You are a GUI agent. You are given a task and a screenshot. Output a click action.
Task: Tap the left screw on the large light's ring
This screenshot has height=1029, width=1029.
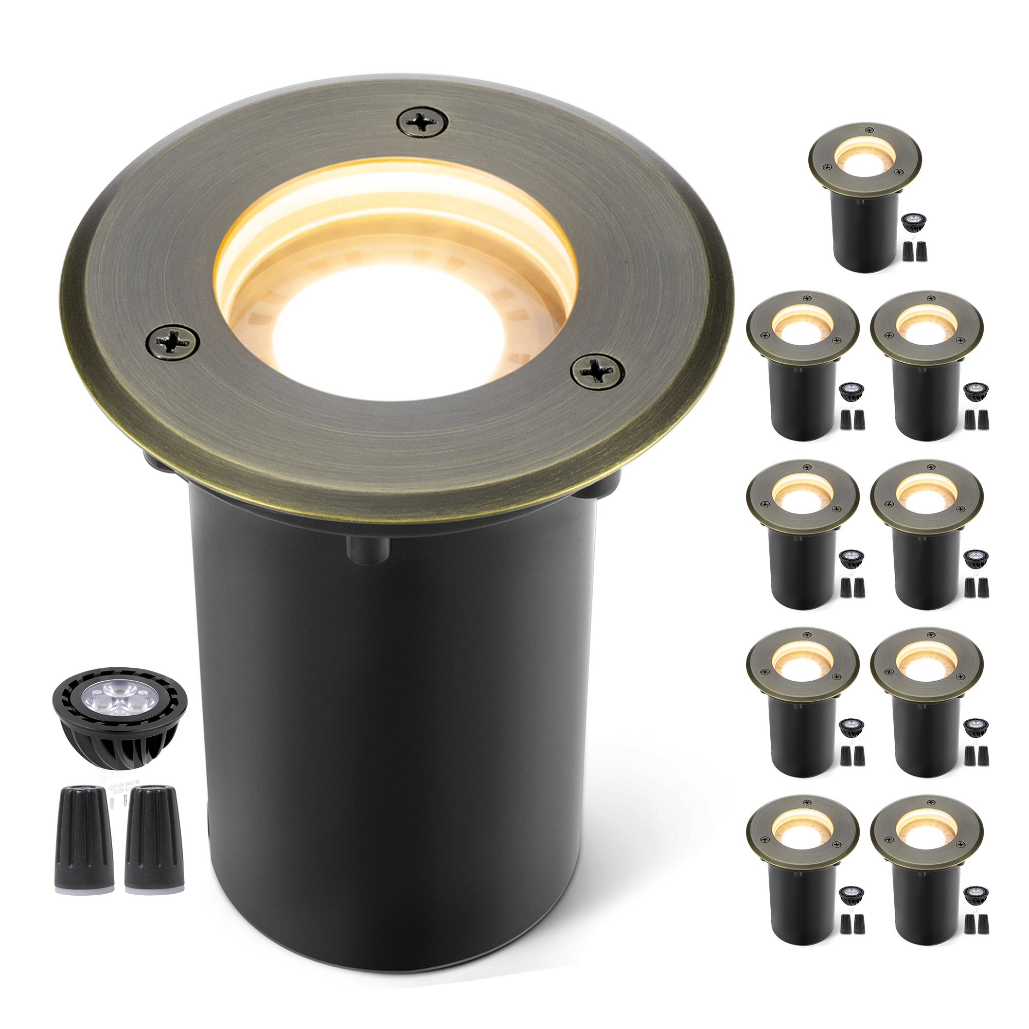click(x=173, y=343)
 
